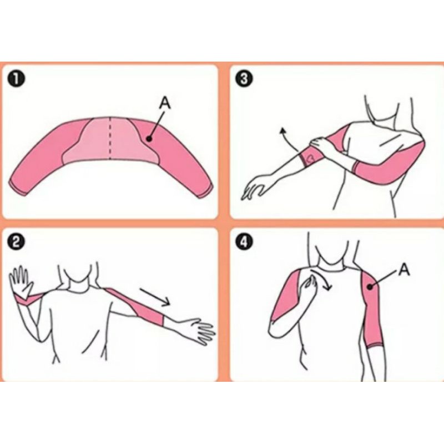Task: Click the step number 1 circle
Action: [x=16, y=79]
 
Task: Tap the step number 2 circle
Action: [x=16, y=243]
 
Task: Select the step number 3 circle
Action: [x=244, y=79]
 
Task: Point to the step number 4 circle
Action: [x=244, y=243]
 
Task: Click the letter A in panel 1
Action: [x=165, y=103]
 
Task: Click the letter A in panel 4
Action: [x=404, y=269]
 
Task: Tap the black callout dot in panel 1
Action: [x=149, y=139]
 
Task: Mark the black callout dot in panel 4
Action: [x=370, y=287]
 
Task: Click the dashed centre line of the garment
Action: [x=110, y=138]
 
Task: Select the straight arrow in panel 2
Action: [x=155, y=297]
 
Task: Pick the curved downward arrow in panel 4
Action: [x=321, y=280]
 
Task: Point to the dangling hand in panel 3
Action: [x=254, y=187]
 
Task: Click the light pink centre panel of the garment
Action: [x=110, y=140]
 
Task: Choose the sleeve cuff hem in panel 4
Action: [x=376, y=346]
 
